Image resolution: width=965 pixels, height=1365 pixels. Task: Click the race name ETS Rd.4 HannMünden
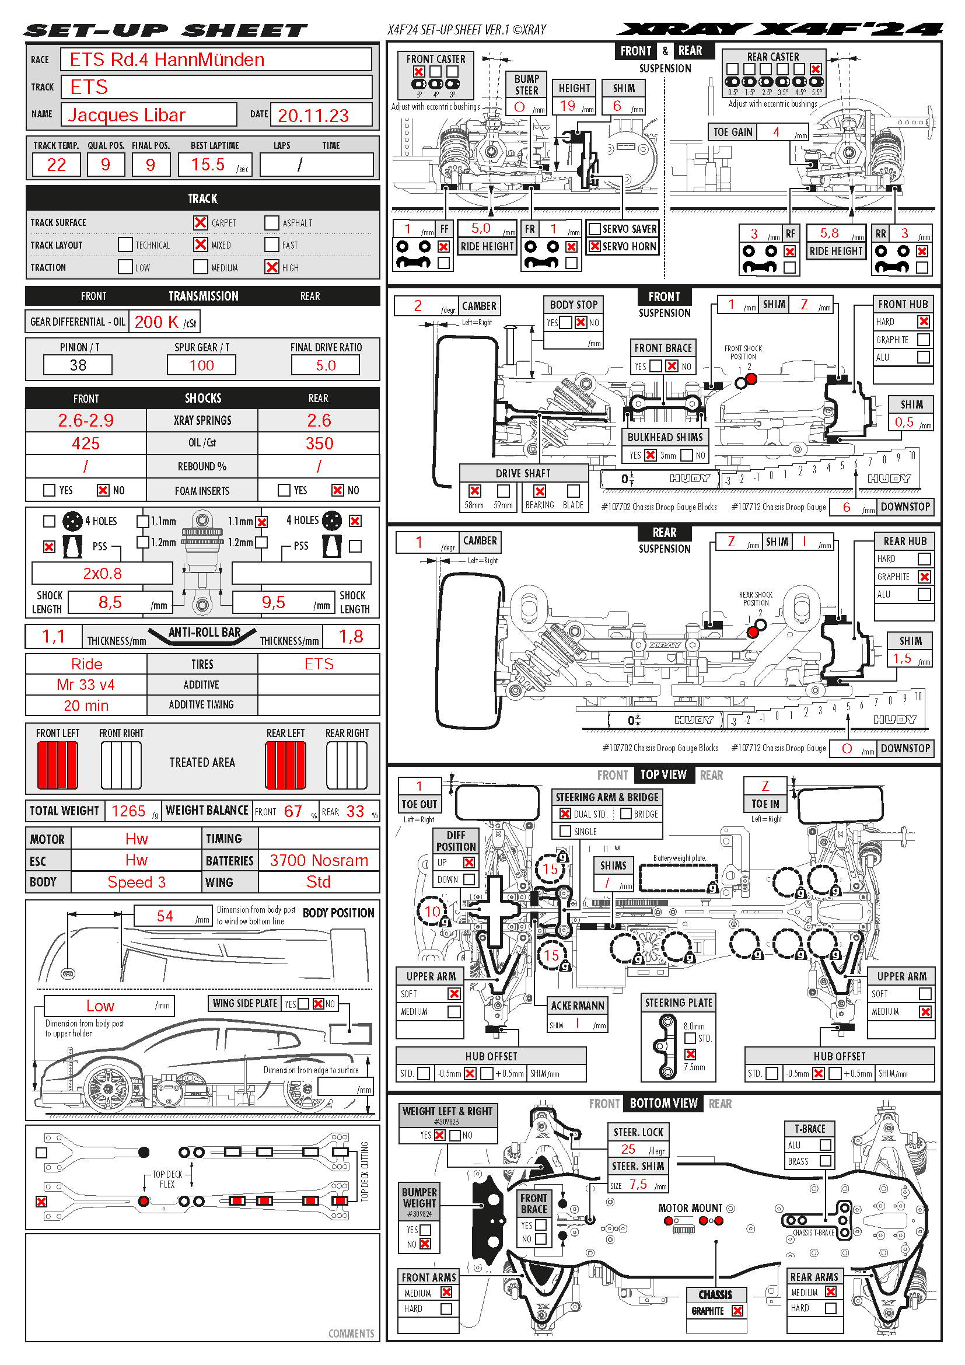[167, 60]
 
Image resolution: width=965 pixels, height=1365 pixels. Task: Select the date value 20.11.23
[313, 116]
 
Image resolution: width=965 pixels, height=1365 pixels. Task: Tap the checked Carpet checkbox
[200, 222]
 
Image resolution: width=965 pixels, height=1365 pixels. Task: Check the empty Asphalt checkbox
[271, 222]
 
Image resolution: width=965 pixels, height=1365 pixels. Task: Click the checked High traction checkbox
[271, 267]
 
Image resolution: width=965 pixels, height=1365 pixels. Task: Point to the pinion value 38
[78, 365]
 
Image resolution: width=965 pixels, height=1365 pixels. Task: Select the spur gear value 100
[201, 365]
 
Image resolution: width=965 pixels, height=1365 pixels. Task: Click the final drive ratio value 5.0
[326, 365]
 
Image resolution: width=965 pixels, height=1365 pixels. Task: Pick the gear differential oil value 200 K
[157, 322]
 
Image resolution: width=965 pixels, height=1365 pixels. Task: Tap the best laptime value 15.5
[208, 165]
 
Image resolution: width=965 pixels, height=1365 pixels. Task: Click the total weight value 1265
[128, 811]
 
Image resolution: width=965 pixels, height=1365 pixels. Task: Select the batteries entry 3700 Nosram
[319, 860]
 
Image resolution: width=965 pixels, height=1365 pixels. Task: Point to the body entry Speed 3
[137, 882]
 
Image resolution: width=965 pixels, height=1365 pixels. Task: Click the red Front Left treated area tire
[58, 765]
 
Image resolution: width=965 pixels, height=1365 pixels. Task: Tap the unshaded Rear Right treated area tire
[347, 765]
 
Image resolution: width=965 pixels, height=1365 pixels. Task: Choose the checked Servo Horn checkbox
[594, 246]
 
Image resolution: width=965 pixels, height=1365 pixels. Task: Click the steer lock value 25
[628, 1149]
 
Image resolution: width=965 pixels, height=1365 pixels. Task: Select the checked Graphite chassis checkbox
[737, 1311]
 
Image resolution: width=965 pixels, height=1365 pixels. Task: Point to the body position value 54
[165, 916]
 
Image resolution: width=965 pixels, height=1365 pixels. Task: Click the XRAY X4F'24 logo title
[779, 29]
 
